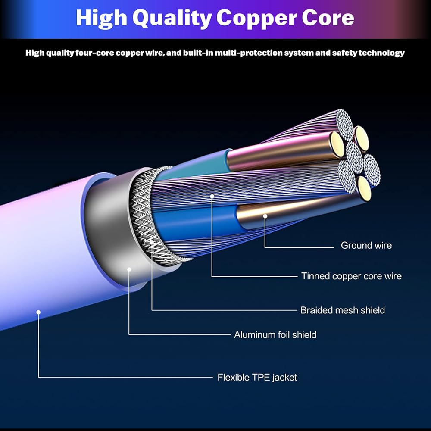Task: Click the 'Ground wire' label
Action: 366,245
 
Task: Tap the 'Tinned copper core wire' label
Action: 351,276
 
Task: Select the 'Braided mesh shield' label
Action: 343,310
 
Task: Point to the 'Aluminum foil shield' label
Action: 275,334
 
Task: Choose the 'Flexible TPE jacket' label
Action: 257,377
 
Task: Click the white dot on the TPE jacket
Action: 38,312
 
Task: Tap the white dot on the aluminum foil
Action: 129,269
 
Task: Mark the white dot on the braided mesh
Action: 152,243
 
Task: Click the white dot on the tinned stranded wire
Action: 212,196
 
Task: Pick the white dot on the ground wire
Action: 265,216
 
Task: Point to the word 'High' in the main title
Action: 101,18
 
